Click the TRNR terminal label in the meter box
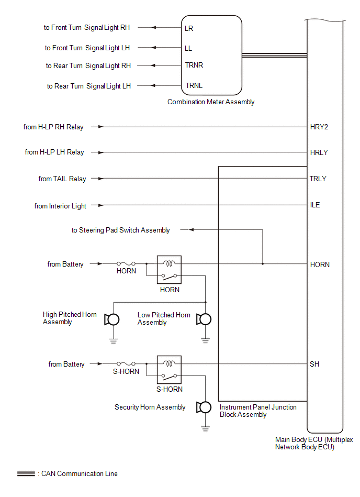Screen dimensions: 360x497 tap(194, 65)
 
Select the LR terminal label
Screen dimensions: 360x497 tap(189, 28)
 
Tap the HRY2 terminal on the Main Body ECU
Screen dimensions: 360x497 tap(319, 127)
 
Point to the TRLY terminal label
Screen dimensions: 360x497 tap(318, 179)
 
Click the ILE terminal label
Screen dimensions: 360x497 tap(315, 205)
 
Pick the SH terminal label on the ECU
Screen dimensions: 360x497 tap(314, 364)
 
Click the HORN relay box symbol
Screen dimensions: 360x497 tap(169, 270)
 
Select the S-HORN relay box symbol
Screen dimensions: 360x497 tap(169, 370)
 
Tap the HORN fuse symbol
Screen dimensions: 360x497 tap(126, 263)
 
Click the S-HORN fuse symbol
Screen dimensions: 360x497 tap(126, 363)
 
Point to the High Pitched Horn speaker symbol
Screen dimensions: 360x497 tap(112, 319)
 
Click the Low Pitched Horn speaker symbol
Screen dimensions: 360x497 tap(204, 319)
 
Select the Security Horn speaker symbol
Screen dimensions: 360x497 tap(204, 407)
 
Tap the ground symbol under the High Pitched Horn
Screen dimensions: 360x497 tap(114, 341)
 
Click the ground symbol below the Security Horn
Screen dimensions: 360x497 tap(206, 429)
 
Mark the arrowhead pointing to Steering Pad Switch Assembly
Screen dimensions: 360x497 tap(191, 230)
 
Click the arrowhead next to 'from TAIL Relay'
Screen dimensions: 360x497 tap(101, 179)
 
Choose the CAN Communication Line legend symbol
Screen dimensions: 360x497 tap(26, 474)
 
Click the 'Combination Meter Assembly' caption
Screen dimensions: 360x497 tap(211, 102)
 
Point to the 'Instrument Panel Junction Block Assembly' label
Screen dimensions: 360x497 tap(258, 411)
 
